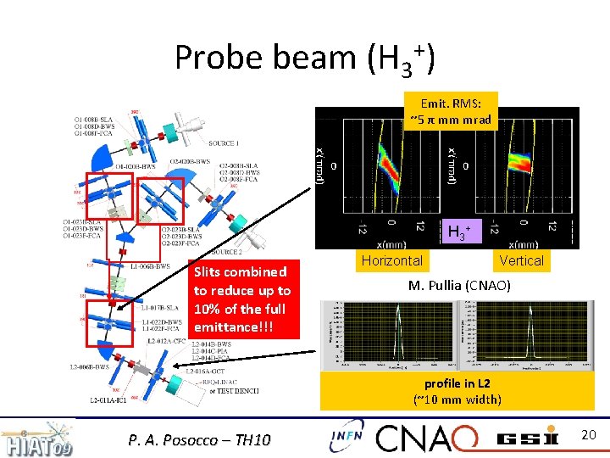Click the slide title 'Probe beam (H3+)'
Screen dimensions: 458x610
coord(305,58)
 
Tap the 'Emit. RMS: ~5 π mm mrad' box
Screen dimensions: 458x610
coord(452,111)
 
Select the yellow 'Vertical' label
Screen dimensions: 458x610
coord(521,260)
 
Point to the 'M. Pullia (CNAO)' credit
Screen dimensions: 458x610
coord(459,286)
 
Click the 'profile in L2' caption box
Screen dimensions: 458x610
coord(457,391)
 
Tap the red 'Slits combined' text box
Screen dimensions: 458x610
coord(242,299)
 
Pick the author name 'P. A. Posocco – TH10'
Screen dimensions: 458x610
coord(199,439)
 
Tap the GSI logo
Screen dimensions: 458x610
coord(527,438)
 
